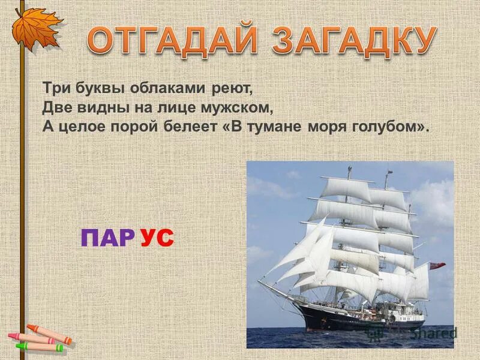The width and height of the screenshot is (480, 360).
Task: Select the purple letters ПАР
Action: [x=107, y=239]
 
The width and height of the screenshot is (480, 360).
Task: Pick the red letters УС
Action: [x=157, y=239]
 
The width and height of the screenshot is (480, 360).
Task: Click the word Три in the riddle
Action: [x=54, y=88]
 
